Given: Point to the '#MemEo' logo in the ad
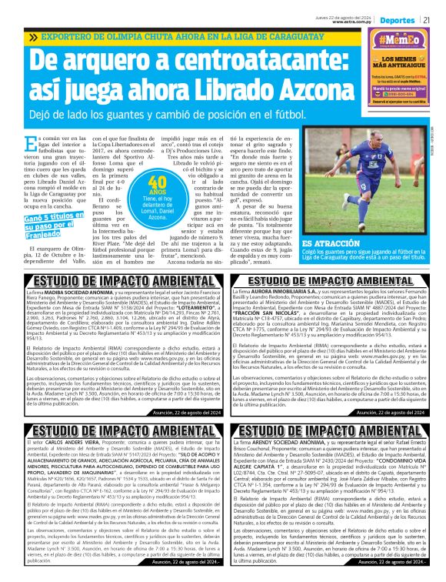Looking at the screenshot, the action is (x=398, y=41).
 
